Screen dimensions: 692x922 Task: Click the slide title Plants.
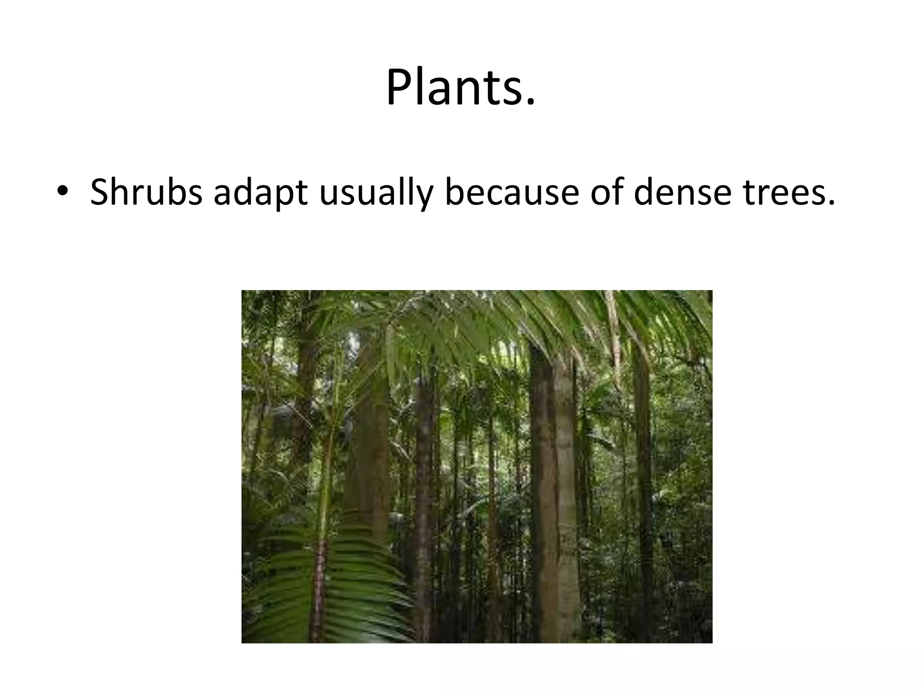tap(461, 87)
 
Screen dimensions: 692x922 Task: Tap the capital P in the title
tap(402, 87)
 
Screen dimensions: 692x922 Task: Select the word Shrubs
tap(146, 192)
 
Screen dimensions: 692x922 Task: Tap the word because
tap(511, 192)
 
